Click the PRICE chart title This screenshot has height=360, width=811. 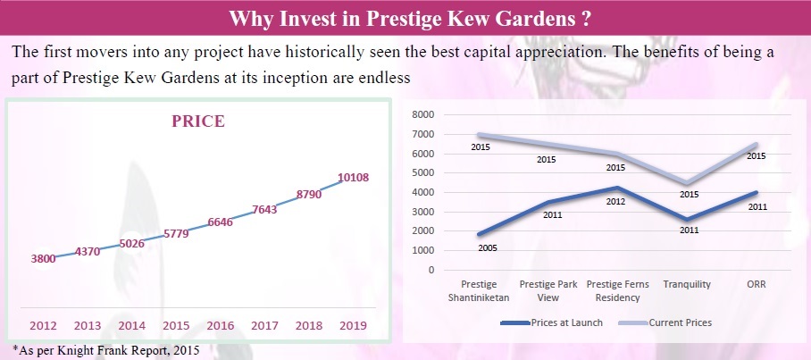point(198,121)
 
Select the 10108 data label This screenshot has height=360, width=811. point(354,177)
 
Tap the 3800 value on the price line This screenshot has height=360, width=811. point(44,259)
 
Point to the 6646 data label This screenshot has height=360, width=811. point(219,222)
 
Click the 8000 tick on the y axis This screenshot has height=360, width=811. point(423,115)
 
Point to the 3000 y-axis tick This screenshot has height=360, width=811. point(423,212)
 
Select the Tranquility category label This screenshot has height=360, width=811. point(687,284)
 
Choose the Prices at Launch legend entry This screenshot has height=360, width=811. point(553,322)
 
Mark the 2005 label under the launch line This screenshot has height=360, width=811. point(487,247)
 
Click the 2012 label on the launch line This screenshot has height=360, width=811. point(615,202)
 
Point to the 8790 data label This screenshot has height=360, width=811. point(309,193)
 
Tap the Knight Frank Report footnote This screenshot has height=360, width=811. point(105,349)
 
